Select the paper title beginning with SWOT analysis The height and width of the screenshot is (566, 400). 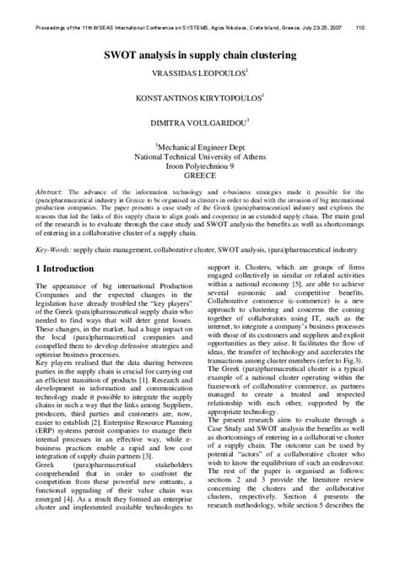(199, 55)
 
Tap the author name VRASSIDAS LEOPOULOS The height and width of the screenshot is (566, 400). (197, 75)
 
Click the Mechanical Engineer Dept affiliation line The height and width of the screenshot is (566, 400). (200, 145)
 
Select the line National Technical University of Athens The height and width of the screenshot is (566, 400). (200, 156)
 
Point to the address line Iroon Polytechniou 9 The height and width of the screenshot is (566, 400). (200, 167)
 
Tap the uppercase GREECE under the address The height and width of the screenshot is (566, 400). (200, 178)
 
